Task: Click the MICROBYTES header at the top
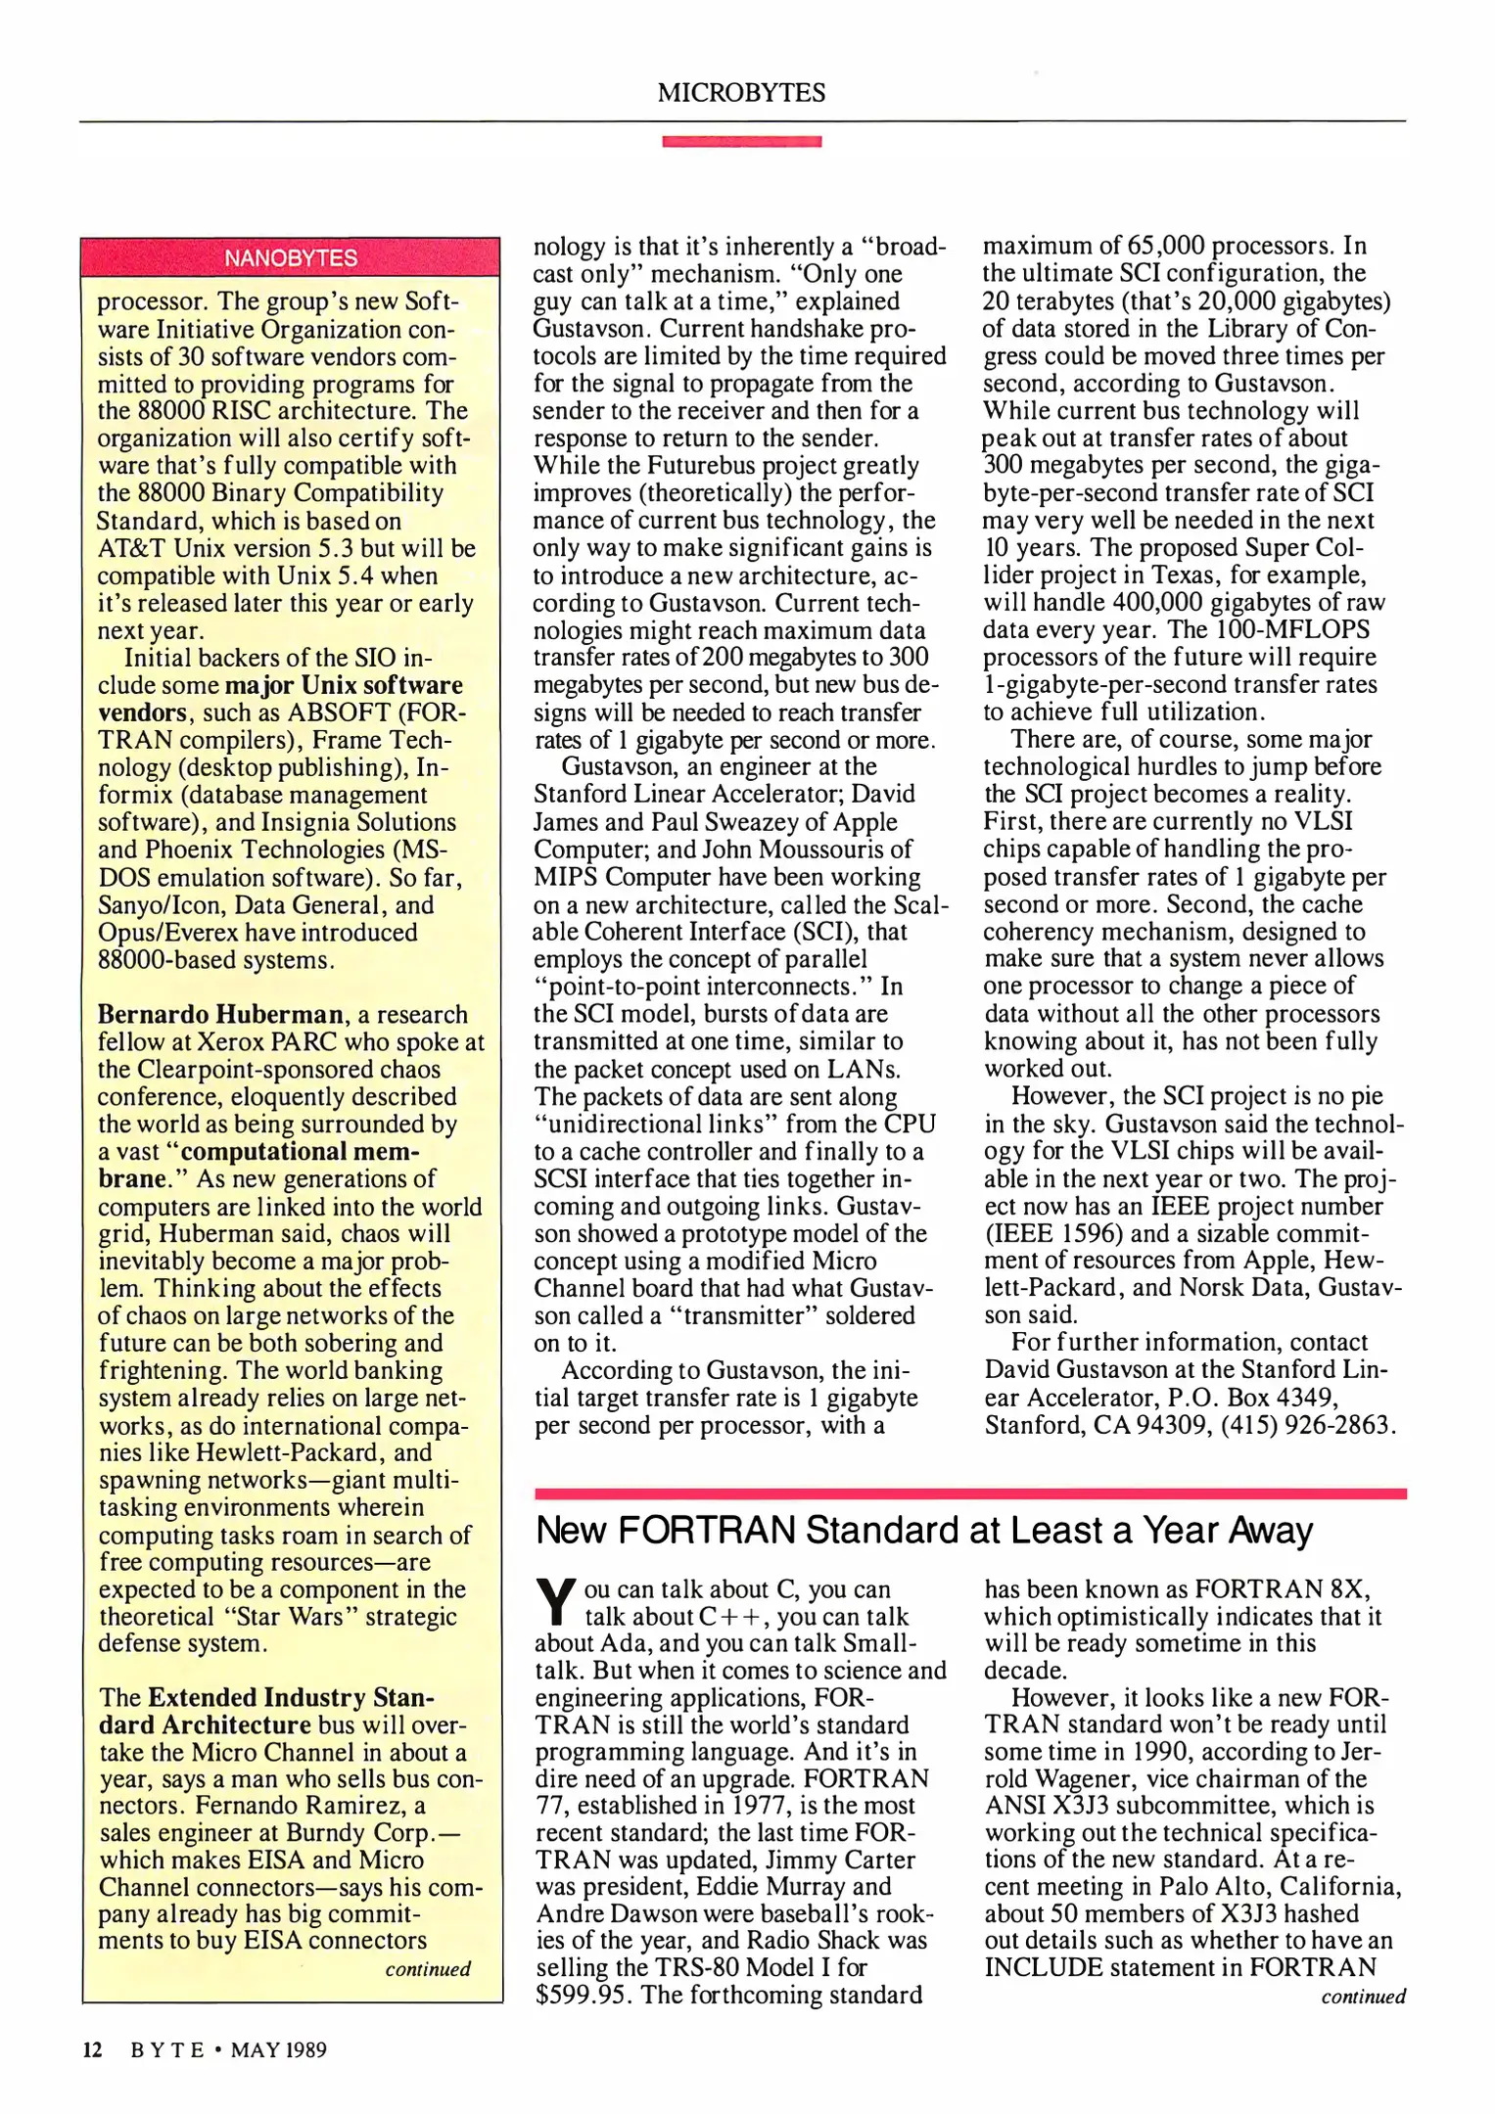click(741, 93)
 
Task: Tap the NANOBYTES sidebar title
click(291, 258)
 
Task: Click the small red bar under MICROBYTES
click(741, 142)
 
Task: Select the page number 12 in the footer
click(92, 2049)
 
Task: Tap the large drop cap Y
click(555, 1602)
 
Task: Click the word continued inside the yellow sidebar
click(428, 1968)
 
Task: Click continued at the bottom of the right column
click(1363, 1997)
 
